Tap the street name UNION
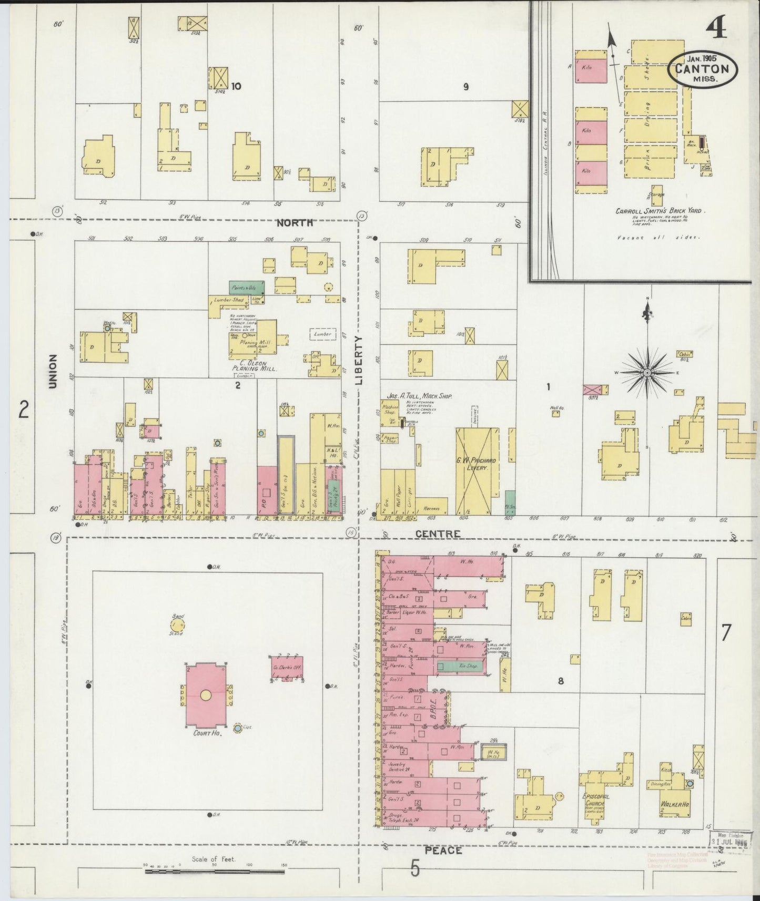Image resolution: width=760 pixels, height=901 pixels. (53, 371)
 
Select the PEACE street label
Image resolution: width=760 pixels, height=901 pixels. (443, 849)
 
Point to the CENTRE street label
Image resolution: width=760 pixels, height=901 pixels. (438, 534)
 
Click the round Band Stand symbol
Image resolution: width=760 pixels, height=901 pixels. (177, 625)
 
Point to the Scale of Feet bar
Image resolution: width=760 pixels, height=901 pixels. (215, 871)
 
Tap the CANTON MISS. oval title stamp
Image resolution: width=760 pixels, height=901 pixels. (702, 68)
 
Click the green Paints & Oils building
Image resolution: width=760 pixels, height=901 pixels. (247, 287)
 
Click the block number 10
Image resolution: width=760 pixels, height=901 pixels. (236, 86)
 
